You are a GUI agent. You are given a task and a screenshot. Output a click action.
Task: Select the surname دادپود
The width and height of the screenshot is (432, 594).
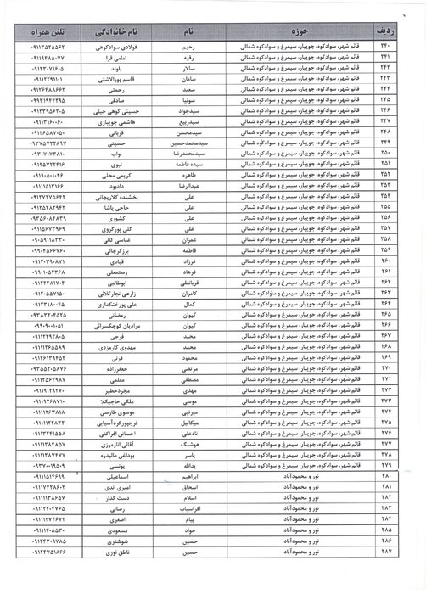(x=116, y=185)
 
